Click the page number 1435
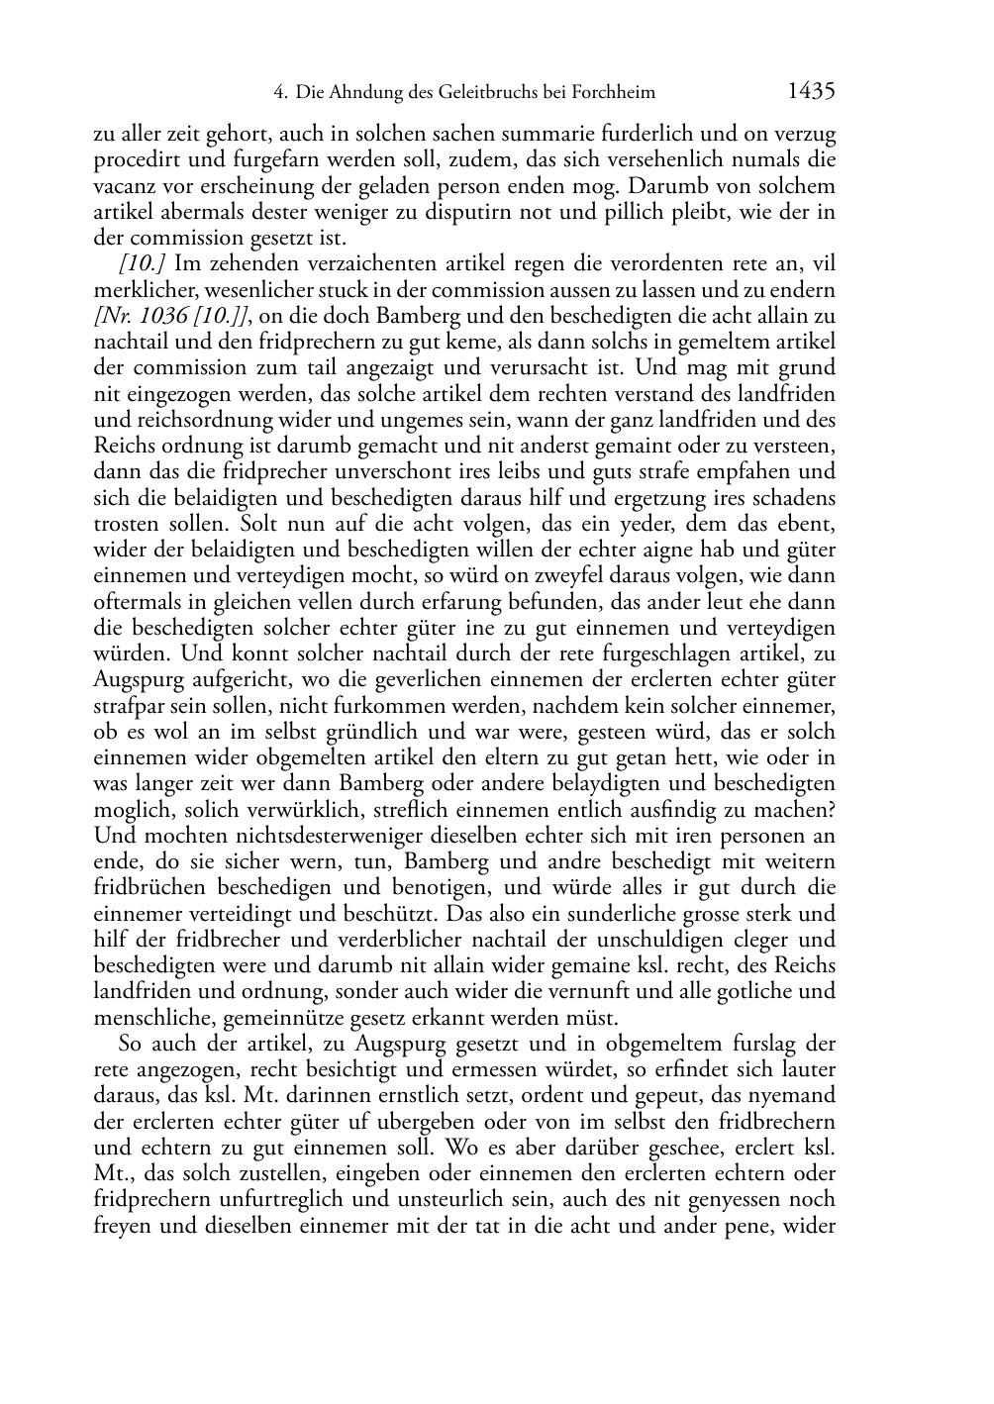811,92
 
